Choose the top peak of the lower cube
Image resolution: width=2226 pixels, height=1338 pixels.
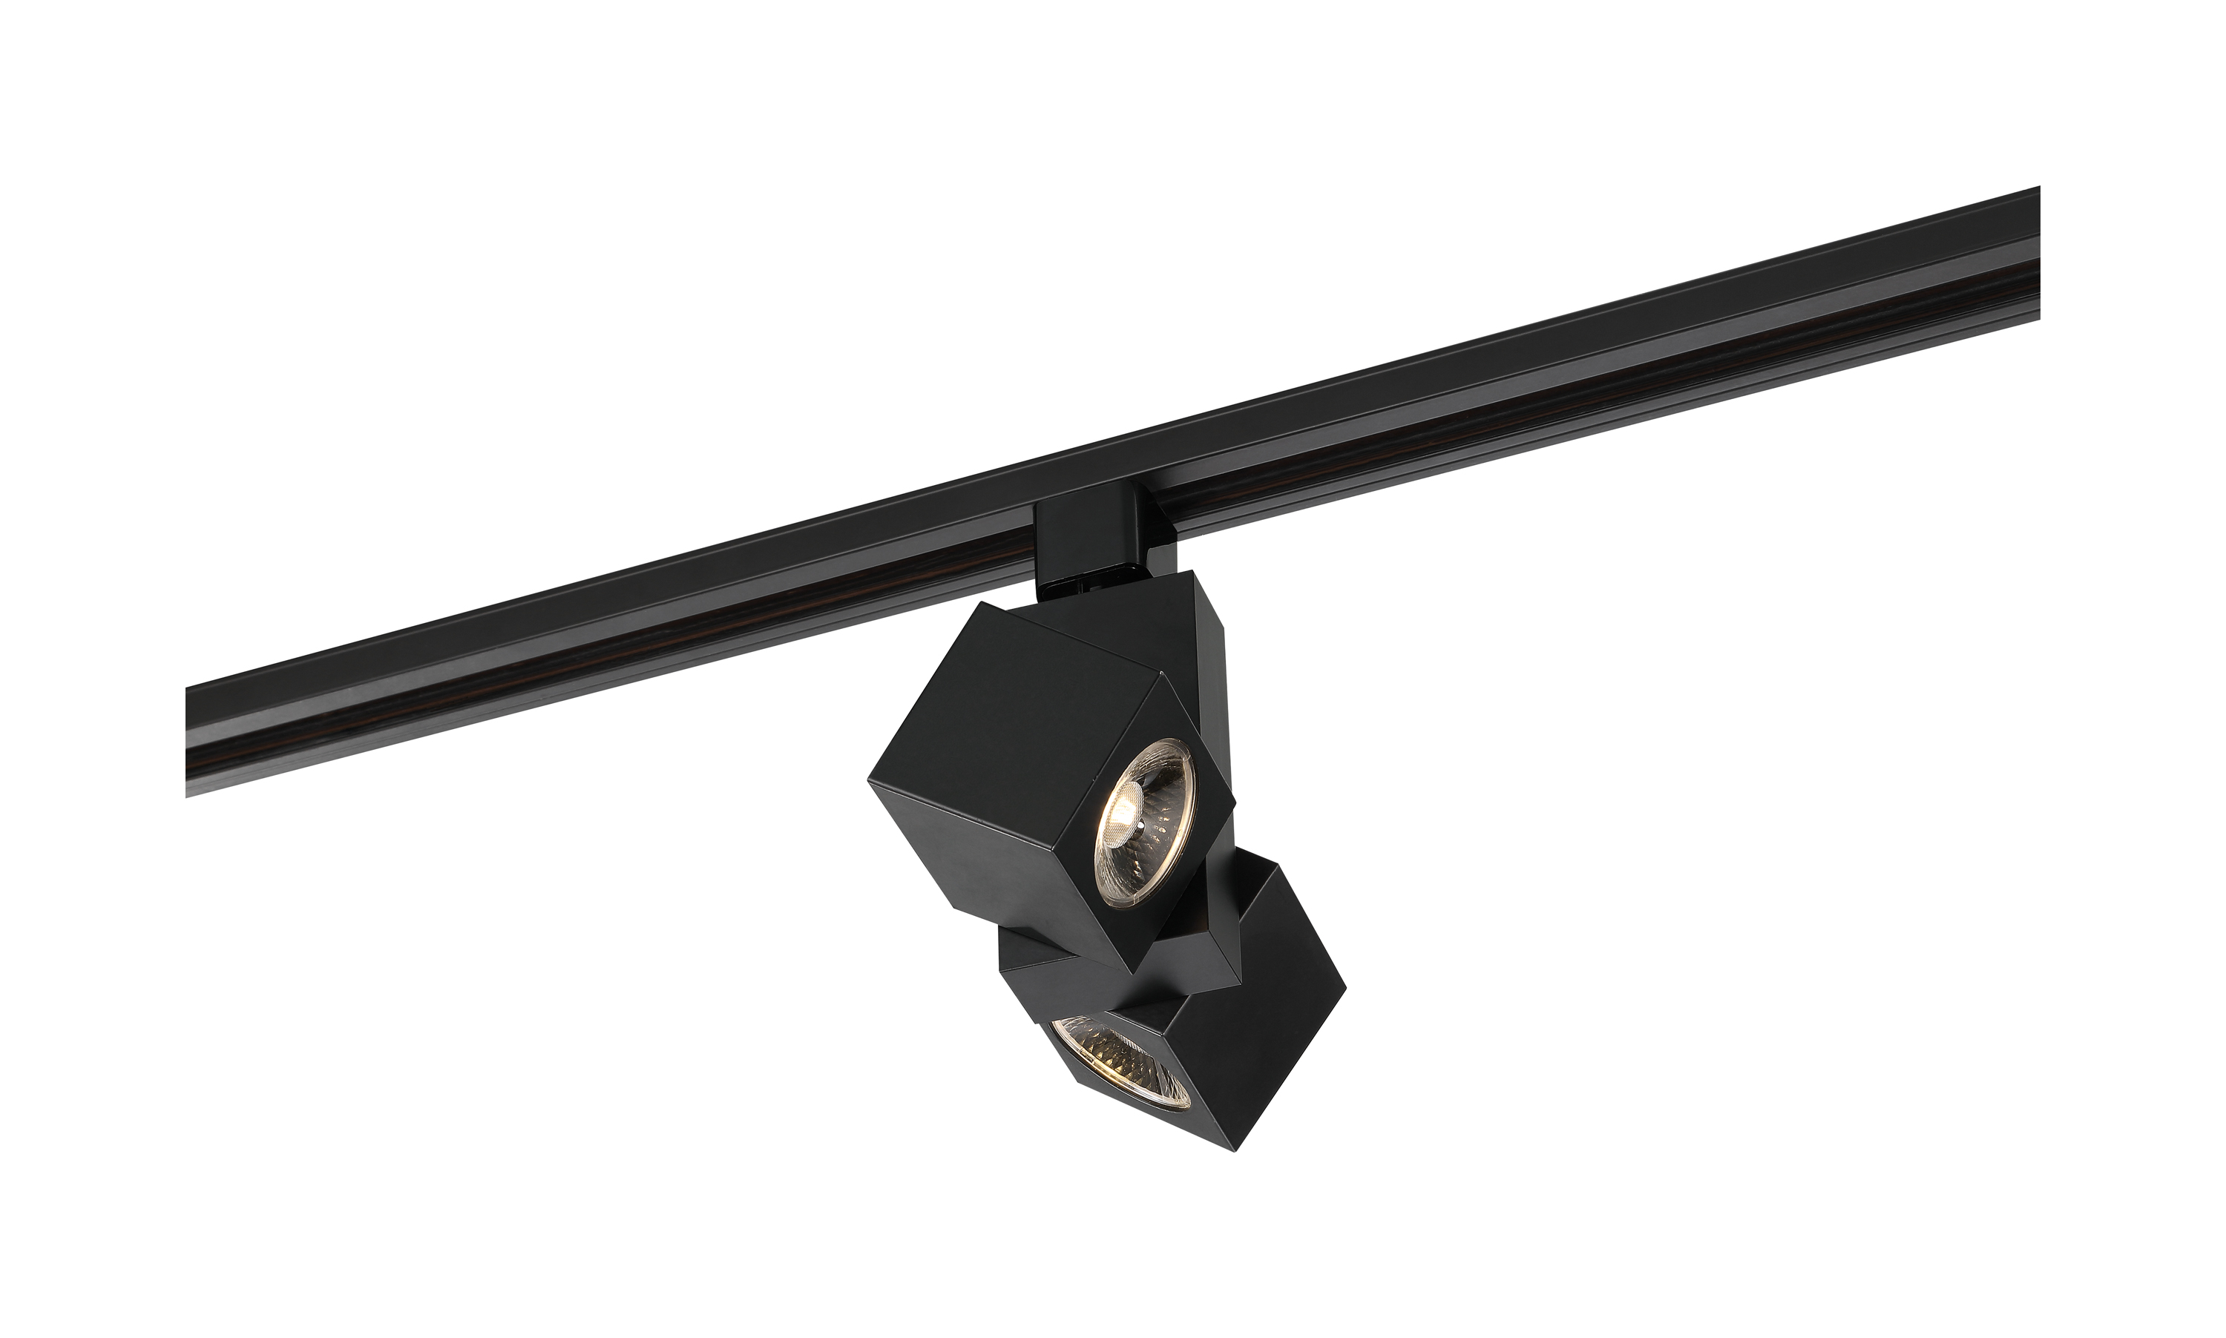pos(1275,866)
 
